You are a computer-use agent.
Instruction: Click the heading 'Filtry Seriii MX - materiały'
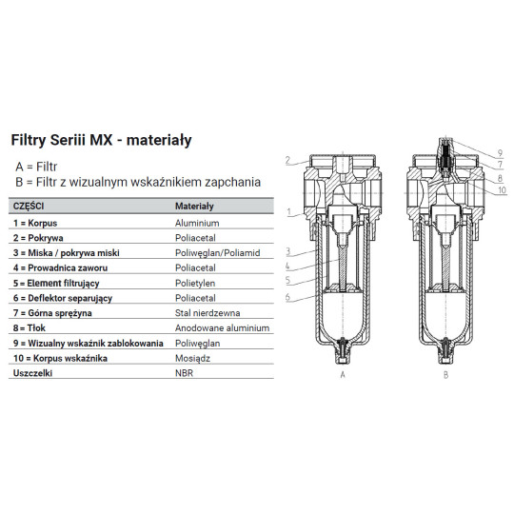click(101, 140)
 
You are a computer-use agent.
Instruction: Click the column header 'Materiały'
click(194, 206)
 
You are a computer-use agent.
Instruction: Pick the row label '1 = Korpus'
click(38, 221)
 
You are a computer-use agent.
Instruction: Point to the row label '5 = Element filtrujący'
click(61, 283)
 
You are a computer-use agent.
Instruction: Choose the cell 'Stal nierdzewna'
click(208, 312)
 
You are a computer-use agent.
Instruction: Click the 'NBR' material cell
click(185, 374)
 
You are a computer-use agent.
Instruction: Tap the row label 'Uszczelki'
click(33, 374)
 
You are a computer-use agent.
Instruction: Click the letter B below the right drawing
click(443, 375)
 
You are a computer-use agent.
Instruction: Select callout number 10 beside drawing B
click(500, 189)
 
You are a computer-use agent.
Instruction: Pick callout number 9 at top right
click(499, 153)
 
